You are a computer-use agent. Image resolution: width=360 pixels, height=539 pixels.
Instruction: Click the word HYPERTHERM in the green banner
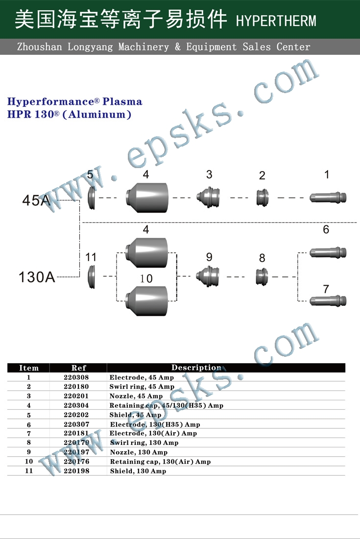coord(276,21)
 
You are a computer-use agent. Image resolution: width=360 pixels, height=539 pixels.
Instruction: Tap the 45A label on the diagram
coord(36,200)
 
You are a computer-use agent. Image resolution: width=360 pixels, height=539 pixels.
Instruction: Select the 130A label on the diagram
coord(37,277)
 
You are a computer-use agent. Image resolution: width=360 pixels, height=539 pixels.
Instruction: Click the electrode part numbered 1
coord(328,197)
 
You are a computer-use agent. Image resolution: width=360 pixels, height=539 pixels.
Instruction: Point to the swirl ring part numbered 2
coord(263,197)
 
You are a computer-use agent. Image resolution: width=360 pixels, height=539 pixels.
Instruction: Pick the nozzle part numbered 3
coord(208,197)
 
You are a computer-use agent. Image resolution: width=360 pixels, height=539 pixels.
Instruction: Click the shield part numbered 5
coord(92,197)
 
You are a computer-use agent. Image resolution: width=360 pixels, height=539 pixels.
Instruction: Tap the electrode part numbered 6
coord(328,253)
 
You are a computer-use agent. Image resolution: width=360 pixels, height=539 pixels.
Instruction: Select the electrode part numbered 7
coord(328,301)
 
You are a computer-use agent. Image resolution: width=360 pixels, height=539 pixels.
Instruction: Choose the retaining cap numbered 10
coord(146,301)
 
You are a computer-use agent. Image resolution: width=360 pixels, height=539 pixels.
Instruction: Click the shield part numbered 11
coord(91,277)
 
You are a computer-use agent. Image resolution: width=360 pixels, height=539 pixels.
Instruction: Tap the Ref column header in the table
coord(79,368)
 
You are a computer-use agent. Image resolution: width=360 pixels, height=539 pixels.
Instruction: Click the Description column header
coord(196,367)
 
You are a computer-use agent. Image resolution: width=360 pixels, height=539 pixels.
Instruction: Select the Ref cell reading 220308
coord(76,377)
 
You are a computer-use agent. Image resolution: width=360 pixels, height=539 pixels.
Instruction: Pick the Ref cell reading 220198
coord(76,471)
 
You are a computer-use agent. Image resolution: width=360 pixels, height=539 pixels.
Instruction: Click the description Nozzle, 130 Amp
coord(139,452)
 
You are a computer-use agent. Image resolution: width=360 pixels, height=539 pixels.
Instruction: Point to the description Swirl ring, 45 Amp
coord(142,387)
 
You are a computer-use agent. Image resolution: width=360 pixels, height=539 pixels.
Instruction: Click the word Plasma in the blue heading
coord(122,101)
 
